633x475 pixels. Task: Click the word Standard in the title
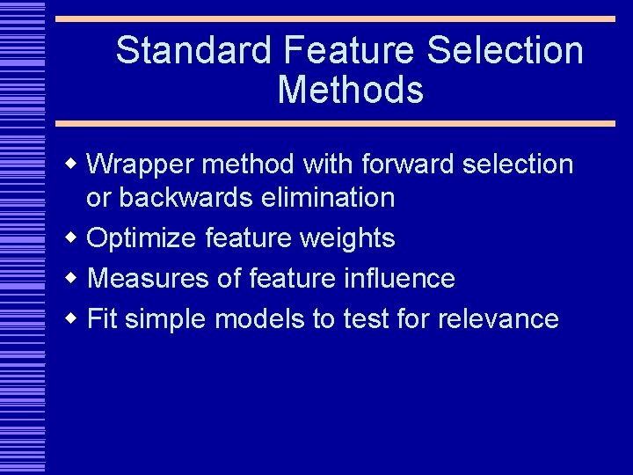point(194,50)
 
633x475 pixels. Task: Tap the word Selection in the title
point(506,50)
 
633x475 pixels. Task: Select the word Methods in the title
point(350,90)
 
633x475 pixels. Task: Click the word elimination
point(328,197)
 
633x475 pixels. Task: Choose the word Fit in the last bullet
point(103,318)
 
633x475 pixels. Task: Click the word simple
point(167,318)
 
